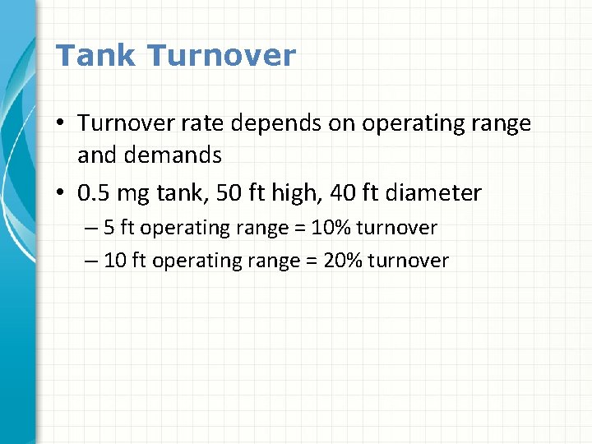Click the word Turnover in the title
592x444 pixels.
point(222,56)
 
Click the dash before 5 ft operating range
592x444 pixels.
point(90,227)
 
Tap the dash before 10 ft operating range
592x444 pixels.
point(90,261)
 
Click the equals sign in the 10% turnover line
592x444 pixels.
point(301,227)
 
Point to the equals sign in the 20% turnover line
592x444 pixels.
point(312,261)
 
